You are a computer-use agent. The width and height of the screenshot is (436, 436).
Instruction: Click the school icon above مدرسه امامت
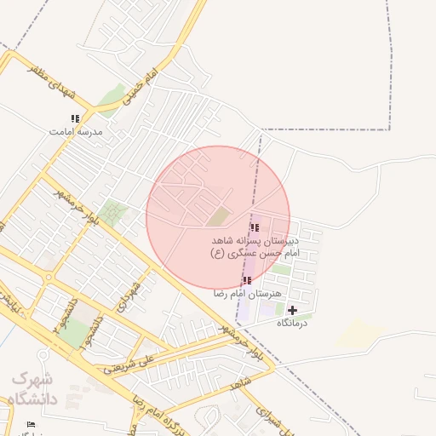point(75,118)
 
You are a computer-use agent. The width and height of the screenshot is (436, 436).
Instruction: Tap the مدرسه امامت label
point(75,132)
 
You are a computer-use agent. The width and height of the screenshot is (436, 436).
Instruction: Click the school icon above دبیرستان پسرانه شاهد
point(255,227)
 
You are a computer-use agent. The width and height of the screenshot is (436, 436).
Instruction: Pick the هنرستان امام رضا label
point(247,293)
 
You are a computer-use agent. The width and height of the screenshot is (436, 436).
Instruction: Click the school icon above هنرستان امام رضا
point(247,280)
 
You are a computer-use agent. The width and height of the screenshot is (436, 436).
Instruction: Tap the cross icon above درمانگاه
point(292,310)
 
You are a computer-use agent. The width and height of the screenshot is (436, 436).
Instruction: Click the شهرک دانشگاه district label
point(32,390)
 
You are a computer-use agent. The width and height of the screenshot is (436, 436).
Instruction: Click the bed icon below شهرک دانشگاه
point(32,424)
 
